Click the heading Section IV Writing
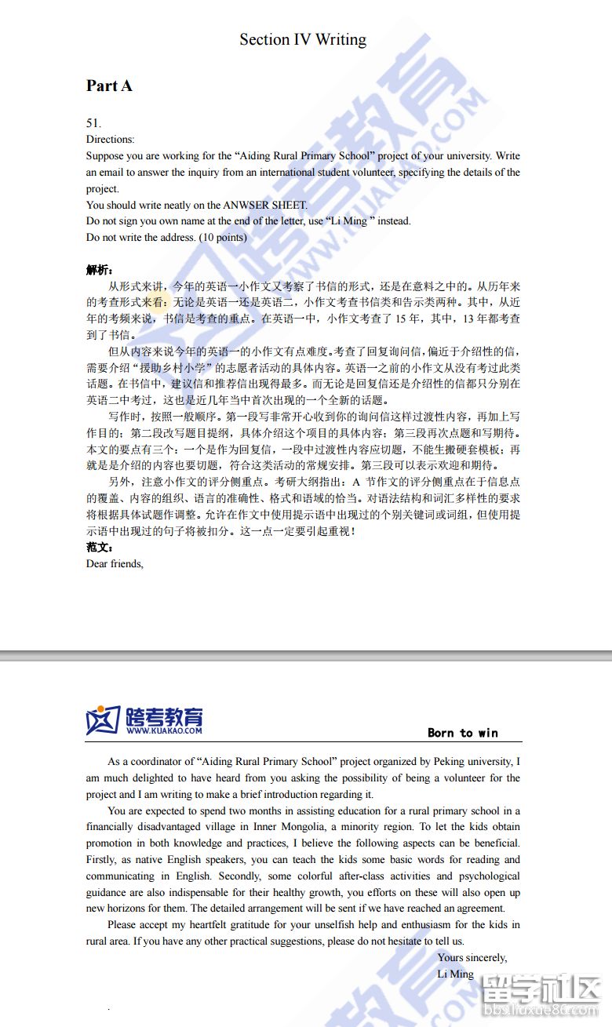(x=303, y=39)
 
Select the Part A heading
(x=109, y=86)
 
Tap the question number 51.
(x=93, y=122)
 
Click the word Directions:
(x=110, y=139)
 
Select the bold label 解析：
(x=100, y=270)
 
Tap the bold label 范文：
(x=100, y=548)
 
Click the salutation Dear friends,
(x=115, y=563)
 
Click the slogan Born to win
(x=463, y=733)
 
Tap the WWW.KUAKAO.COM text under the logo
(x=163, y=730)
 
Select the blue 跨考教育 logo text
(x=163, y=716)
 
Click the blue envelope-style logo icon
(x=103, y=720)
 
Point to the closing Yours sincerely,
(x=472, y=957)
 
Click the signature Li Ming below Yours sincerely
(x=456, y=974)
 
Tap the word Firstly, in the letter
(x=104, y=859)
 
